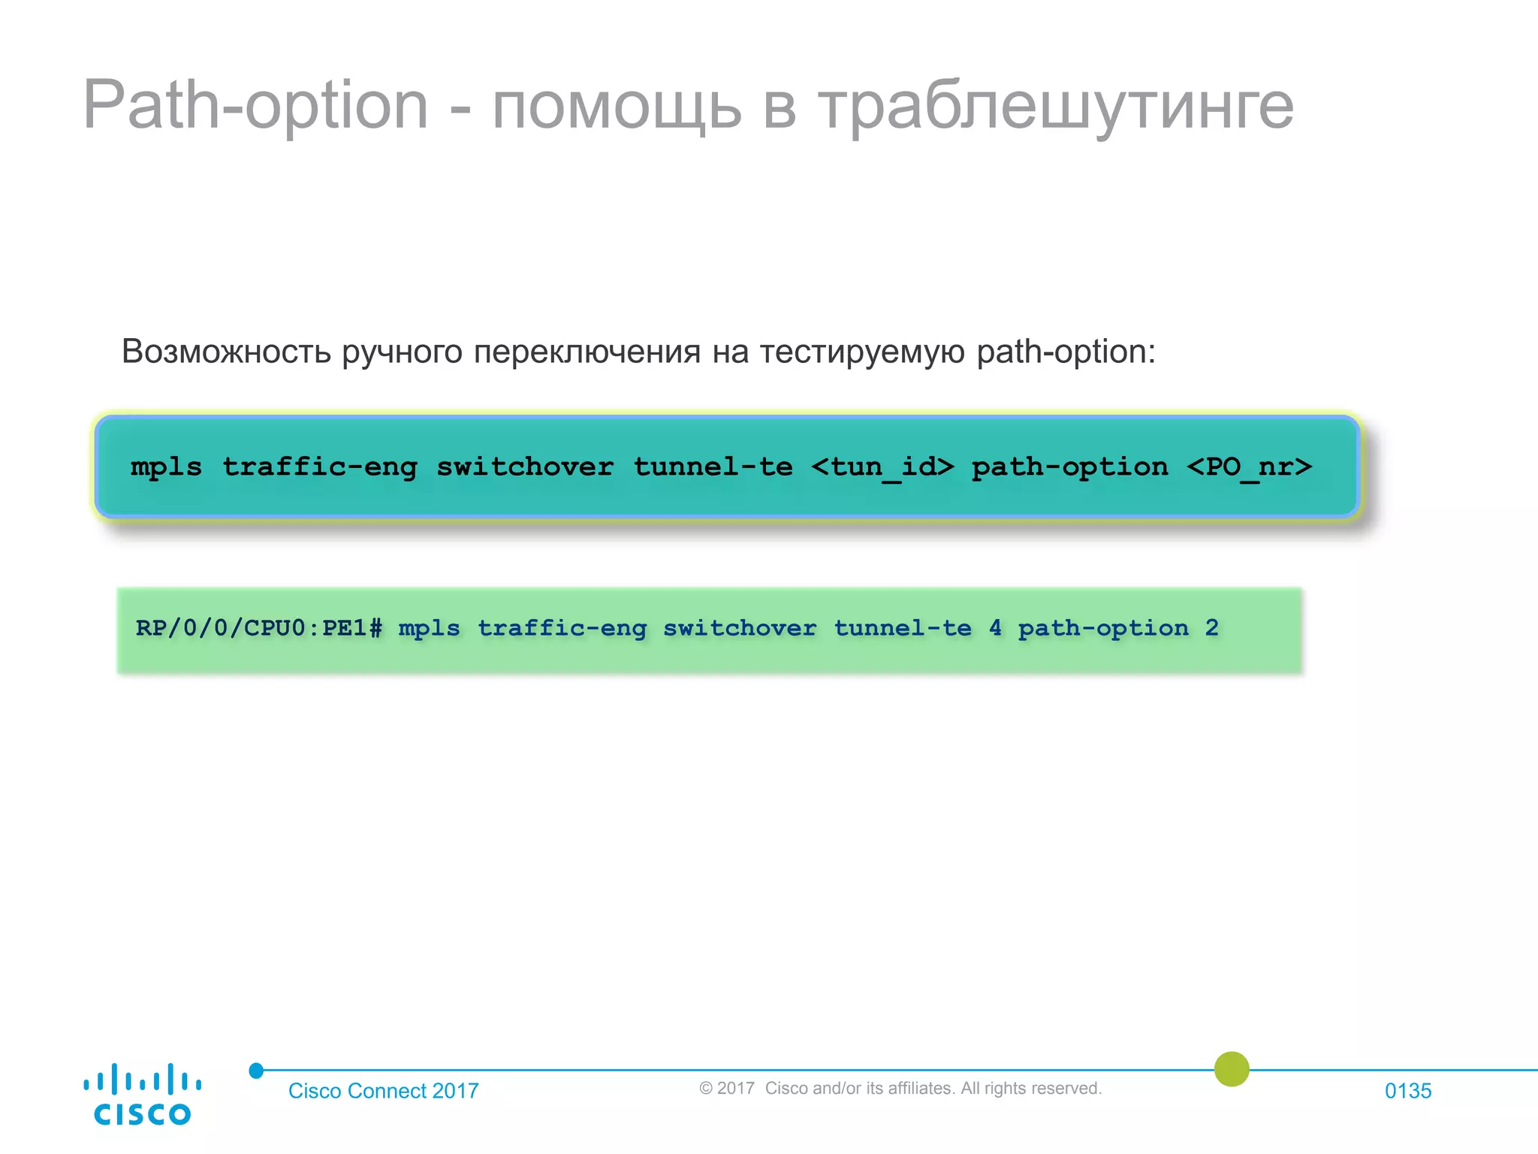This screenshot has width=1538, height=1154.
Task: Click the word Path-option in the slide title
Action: click(x=255, y=105)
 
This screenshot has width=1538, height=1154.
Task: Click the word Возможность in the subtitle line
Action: click(x=226, y=352)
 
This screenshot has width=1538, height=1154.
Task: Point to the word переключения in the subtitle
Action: click(x=587, y=352)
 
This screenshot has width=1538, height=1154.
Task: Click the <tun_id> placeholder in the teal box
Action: click(x=882, y=467)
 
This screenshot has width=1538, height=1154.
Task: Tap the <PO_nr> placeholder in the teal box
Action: click(x=1249, y=467)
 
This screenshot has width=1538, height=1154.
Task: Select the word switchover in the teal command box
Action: click(x=525, y=467)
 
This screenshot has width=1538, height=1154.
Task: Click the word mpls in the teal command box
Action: click(x=166, y=467)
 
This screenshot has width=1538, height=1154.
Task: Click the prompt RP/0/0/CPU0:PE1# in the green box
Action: click(x=258, y=628)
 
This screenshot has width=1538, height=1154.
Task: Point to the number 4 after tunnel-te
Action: click(x=995, y=628)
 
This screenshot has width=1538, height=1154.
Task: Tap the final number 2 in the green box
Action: click(x=1211, y=628)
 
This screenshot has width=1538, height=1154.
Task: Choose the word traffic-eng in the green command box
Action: click(x=562, y=628)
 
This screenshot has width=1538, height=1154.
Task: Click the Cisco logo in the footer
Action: click(x=142, y=1095)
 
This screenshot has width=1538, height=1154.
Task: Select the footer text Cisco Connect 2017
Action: click(x=383, y=1091)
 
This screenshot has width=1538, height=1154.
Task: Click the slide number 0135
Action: click(x=1408, y=1091)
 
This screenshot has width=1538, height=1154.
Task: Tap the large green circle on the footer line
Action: click(x=1232, y=1069)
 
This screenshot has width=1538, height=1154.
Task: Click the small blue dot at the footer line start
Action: click(x=256, y=1071)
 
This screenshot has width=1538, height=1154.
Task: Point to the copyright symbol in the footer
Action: click(x=705, y=1089)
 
